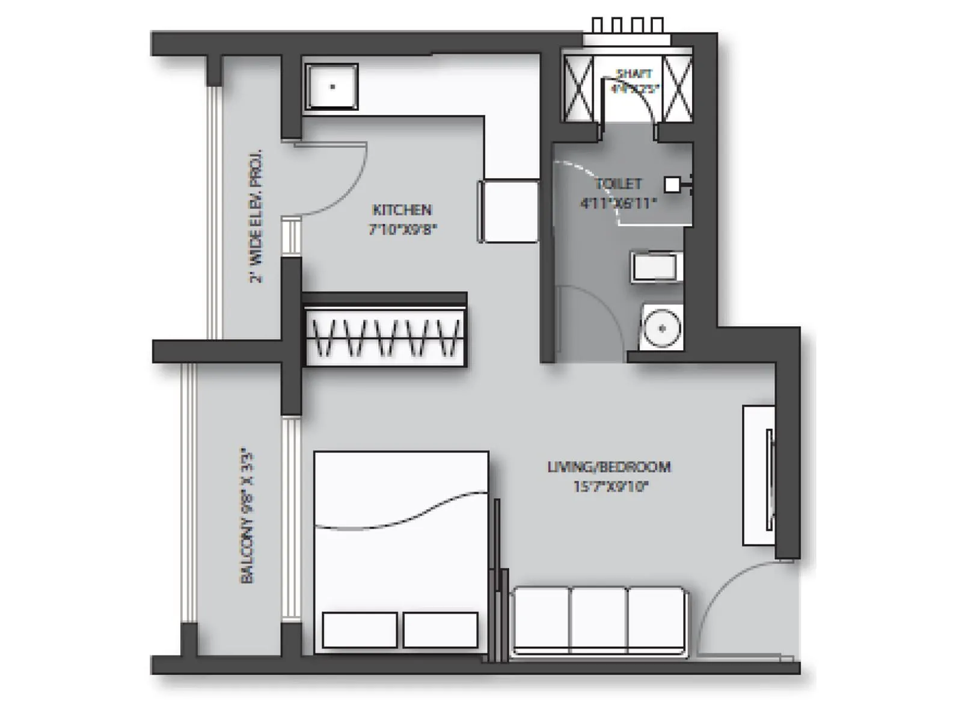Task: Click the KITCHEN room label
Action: click(402, 210)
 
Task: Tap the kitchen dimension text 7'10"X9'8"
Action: click(402, 229)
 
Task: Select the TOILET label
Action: click(618, 184)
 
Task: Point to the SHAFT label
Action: click(634, 74)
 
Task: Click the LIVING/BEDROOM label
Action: click(608, 467)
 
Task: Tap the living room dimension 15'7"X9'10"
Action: click(610, 486)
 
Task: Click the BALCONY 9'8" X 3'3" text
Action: click(248, 515)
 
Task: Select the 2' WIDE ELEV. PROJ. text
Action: click(256, 217)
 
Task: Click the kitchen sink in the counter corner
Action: click(331, 87)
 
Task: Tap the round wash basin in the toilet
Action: click(661, 329)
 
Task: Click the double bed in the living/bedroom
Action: click(401, 551)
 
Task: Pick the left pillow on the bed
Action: click(360, 629)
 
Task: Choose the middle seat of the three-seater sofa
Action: click(598, 620)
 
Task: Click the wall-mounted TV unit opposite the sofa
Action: click(759, 475)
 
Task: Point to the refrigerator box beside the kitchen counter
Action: click(509, 211)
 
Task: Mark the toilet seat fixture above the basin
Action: click(657, 267)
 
